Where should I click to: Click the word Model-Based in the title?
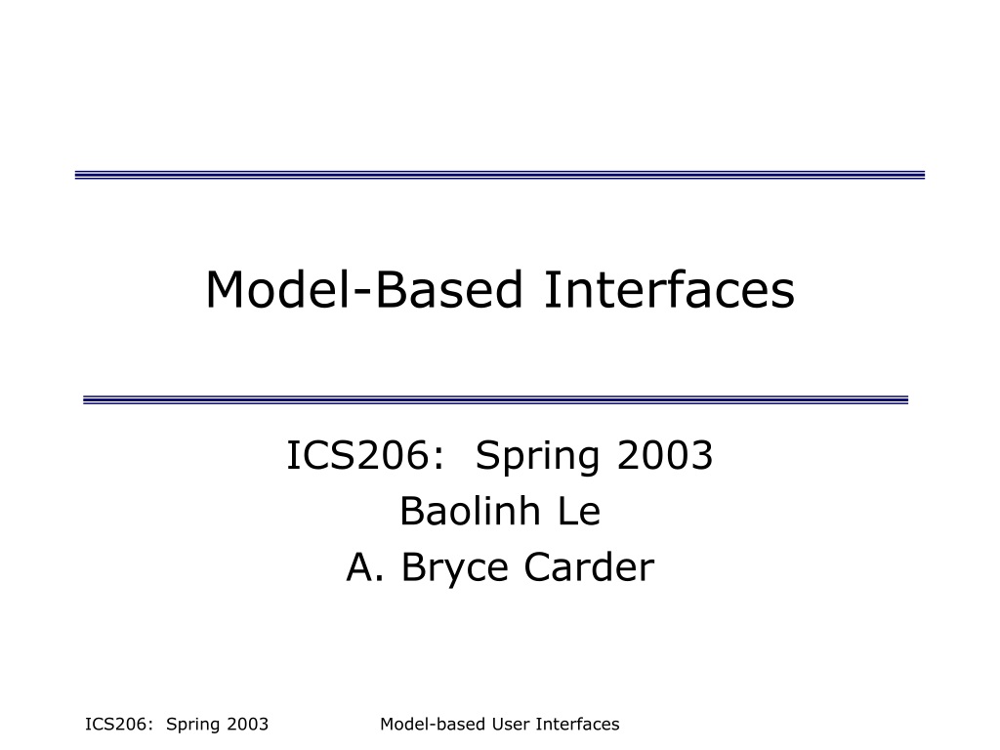click(x=364, y=289)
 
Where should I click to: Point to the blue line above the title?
click(x=500, y=175)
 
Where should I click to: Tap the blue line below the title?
click(x=495, y=399)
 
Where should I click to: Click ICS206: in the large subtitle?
click(x=365, y=455)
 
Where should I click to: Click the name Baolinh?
click(x=470, y=511)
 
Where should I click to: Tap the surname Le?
click(x=580, y=511)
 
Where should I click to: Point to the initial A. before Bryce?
click(x=365, y=566)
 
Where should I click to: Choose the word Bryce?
click(x=455, y=568)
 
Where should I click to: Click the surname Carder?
click(x=589, y=566)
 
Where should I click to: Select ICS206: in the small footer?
click(x=119, y=724)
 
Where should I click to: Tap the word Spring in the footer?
click(x=192, y=726)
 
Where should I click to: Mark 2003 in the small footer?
click(x=248, y=724)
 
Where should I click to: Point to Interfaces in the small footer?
click(x=578, y=724)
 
